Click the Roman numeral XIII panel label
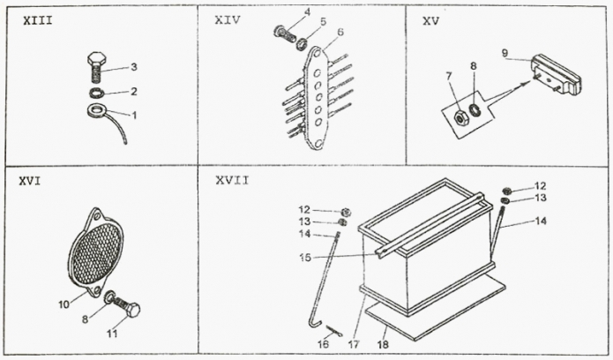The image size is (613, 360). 38,21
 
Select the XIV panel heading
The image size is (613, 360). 228,20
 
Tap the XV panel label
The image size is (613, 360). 430,21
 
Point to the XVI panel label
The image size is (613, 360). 29,181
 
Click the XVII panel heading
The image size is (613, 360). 232,180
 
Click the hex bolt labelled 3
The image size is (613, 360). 96,66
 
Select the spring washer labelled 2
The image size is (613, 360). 95,94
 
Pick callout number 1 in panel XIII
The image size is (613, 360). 134,116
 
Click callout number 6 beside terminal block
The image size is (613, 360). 340,32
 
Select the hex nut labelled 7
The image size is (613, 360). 461,117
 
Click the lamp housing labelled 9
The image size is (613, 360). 556,76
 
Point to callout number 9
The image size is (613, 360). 505,53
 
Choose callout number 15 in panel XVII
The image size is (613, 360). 305,258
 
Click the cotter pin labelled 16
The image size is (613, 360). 335,332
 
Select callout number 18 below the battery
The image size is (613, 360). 383,345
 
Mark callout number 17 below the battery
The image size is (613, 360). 354,345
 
